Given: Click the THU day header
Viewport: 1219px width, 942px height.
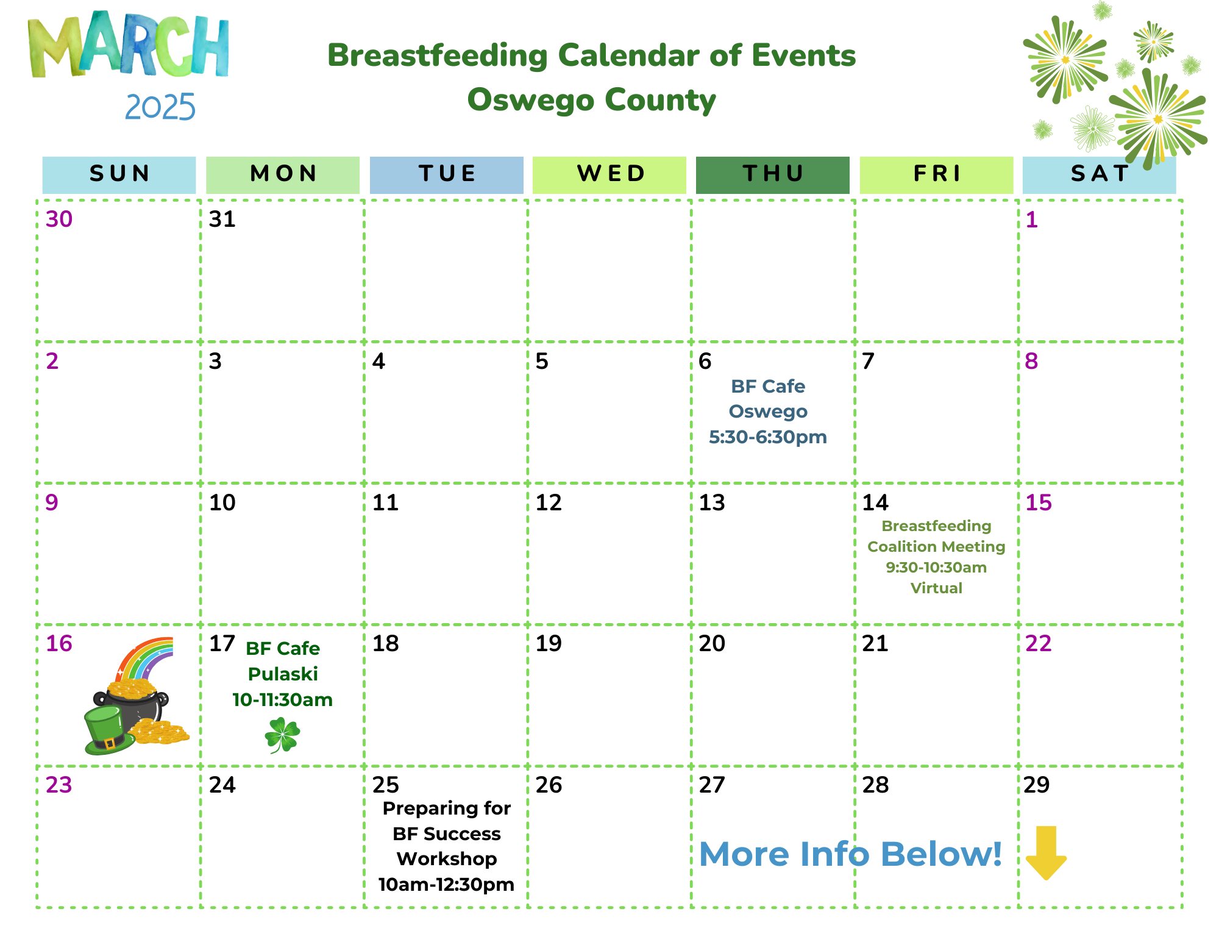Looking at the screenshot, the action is [x=772, y=175].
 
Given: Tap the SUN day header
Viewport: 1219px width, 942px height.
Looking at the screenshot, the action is [x=119, y=175].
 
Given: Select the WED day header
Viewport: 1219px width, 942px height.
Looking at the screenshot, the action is [x=609, y=175].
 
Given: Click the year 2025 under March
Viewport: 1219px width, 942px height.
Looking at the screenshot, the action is [x=160, y=107].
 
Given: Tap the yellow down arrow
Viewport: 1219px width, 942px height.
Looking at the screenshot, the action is [x=1046, y=853].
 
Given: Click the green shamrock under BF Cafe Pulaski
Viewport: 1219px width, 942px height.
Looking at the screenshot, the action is [x=282, y=735].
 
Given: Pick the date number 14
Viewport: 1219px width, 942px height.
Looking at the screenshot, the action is [x=875, y=502].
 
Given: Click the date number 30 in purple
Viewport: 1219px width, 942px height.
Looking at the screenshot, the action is [x=59, y=219].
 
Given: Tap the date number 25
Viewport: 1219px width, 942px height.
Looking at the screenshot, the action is [x=385, y=785].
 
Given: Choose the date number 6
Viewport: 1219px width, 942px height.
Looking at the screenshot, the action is [x=705, y=361].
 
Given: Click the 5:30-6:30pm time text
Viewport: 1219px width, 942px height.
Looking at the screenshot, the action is [x=768, y=437].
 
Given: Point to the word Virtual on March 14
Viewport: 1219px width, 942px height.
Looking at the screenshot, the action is [x=936, y=588].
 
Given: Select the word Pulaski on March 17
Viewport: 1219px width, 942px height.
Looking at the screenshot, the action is [x=283, y=674].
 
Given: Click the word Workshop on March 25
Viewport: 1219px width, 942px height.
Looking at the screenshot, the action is [x=447, y=858].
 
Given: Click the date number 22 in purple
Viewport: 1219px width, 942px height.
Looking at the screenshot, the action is [x=1039, y=643].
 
